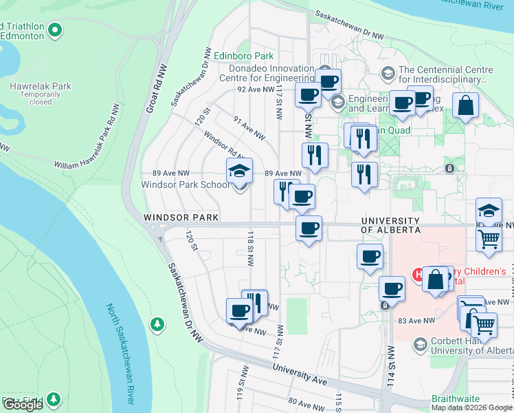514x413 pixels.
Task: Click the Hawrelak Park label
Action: point(41,86)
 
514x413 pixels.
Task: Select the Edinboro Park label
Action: point(243,56)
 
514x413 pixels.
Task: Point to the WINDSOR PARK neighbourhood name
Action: point(181,218)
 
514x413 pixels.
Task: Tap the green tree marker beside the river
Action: point(158,324)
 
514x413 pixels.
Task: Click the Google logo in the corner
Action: point(23,405)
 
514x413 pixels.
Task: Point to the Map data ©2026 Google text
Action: point(471,407)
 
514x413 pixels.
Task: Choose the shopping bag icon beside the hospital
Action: point(436,280)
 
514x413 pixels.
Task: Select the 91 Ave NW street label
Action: point(249,127)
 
